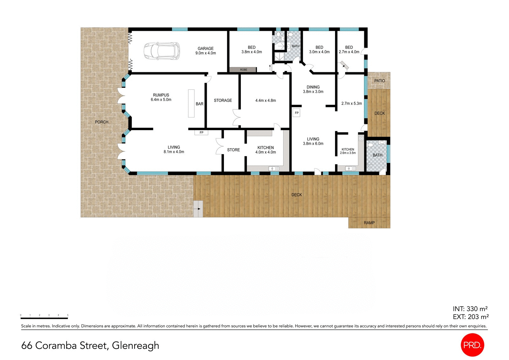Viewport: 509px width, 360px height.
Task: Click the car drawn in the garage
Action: coord(162,51)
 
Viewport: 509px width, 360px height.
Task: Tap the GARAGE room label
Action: coord(206,49)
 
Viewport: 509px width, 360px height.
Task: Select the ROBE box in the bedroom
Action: coord(243,69)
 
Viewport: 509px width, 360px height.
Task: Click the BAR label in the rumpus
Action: coord(199,104)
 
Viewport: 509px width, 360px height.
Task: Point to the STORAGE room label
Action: coord(223,100)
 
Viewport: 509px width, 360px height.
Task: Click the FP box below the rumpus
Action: coord(201,132)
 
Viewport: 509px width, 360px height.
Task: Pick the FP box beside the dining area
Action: coord(296,113)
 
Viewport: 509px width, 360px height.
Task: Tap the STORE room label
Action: coord(233,150)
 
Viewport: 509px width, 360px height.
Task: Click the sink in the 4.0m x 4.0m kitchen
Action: coord(274,169)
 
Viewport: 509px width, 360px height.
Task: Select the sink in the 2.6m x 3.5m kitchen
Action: coord(350,168)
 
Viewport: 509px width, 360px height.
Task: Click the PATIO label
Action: coord(379,81)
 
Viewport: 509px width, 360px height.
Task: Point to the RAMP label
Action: coord(369,223)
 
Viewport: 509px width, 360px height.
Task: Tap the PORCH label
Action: coord(101,122)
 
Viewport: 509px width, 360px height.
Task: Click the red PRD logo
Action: coord(472,345)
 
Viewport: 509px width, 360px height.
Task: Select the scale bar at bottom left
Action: coord(44,318)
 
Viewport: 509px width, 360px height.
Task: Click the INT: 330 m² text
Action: coord(470,309)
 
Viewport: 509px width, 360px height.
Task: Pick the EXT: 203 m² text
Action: coord(471,317)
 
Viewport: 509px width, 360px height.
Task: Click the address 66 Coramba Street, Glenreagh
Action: coord(90,345)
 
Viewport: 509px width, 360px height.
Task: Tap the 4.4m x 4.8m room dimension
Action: coord(265,100)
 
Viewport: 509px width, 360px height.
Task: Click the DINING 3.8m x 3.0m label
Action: coord(313,89)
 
